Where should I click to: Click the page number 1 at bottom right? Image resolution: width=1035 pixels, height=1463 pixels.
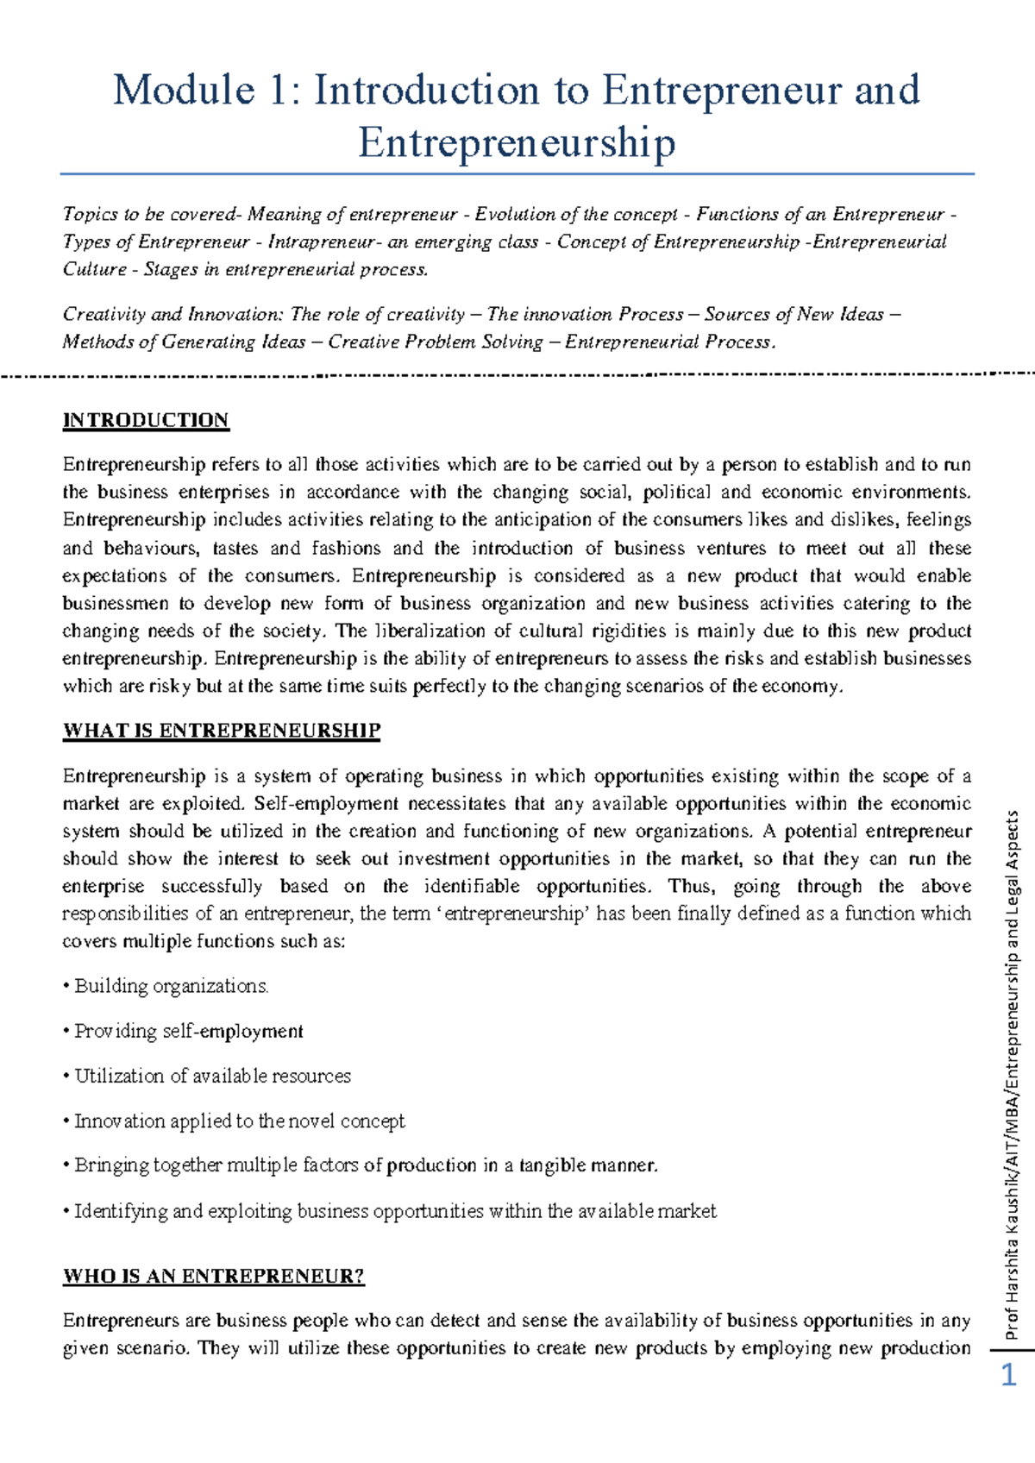[x=1008, y=1374]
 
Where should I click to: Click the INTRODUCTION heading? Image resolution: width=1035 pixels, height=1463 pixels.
[x=146, y=420]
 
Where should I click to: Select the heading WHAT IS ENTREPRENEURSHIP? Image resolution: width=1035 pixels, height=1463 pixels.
[x=221, y=731]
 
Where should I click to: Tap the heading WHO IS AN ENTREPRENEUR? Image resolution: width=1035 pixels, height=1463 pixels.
[x=214, y=1276]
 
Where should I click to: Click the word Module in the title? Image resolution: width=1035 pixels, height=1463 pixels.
[x=184, y=91]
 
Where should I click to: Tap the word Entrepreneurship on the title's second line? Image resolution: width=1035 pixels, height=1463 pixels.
[x=517, y=142]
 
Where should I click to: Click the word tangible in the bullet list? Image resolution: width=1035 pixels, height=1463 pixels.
[x=552, y=1165]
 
